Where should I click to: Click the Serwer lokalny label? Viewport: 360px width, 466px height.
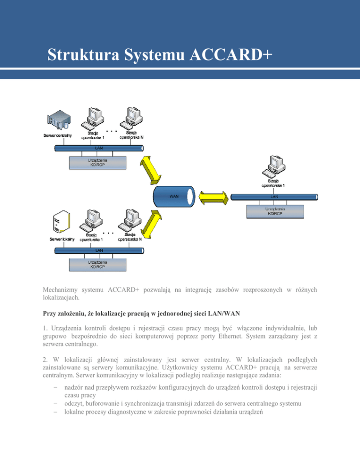click(62, 239)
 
